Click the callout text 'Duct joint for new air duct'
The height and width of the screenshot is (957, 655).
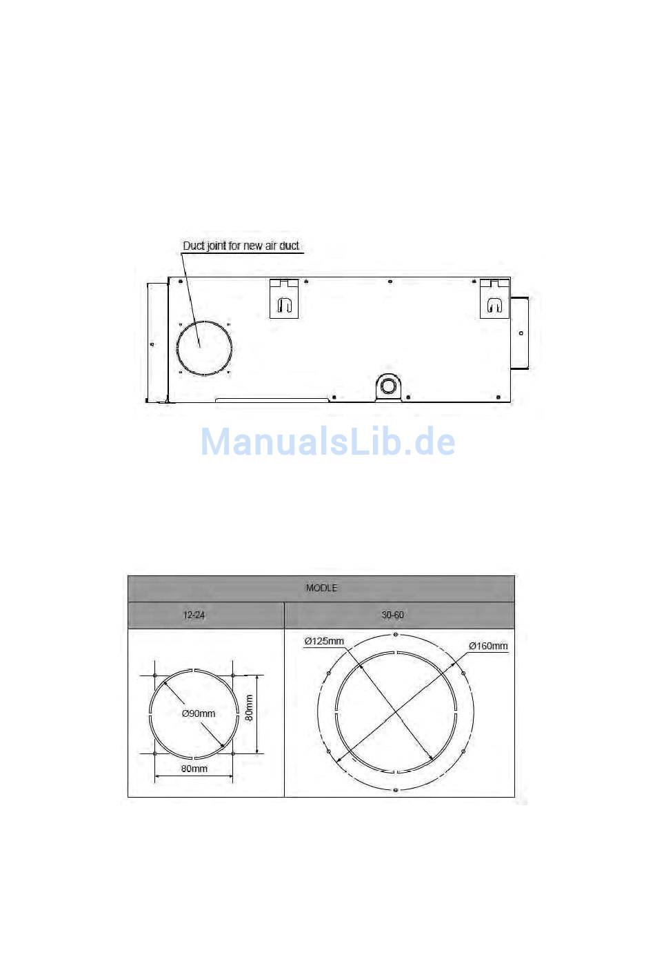[x=241, y=246]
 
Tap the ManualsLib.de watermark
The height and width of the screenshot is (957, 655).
[x=328, y=442]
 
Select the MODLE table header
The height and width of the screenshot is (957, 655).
[x=321, y=589]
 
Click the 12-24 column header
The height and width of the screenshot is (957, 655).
[x=194, y=615]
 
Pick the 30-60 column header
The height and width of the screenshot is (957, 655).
[x=392, y=615]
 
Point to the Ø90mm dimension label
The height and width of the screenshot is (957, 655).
[x=199, y=713]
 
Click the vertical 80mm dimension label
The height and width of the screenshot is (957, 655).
[x=249, y=707]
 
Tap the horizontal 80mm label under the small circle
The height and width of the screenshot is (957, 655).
[x=194, y=769]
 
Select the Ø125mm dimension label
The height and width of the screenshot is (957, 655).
[x=324, y=641]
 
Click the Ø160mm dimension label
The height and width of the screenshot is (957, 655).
[x=488, y=646]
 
